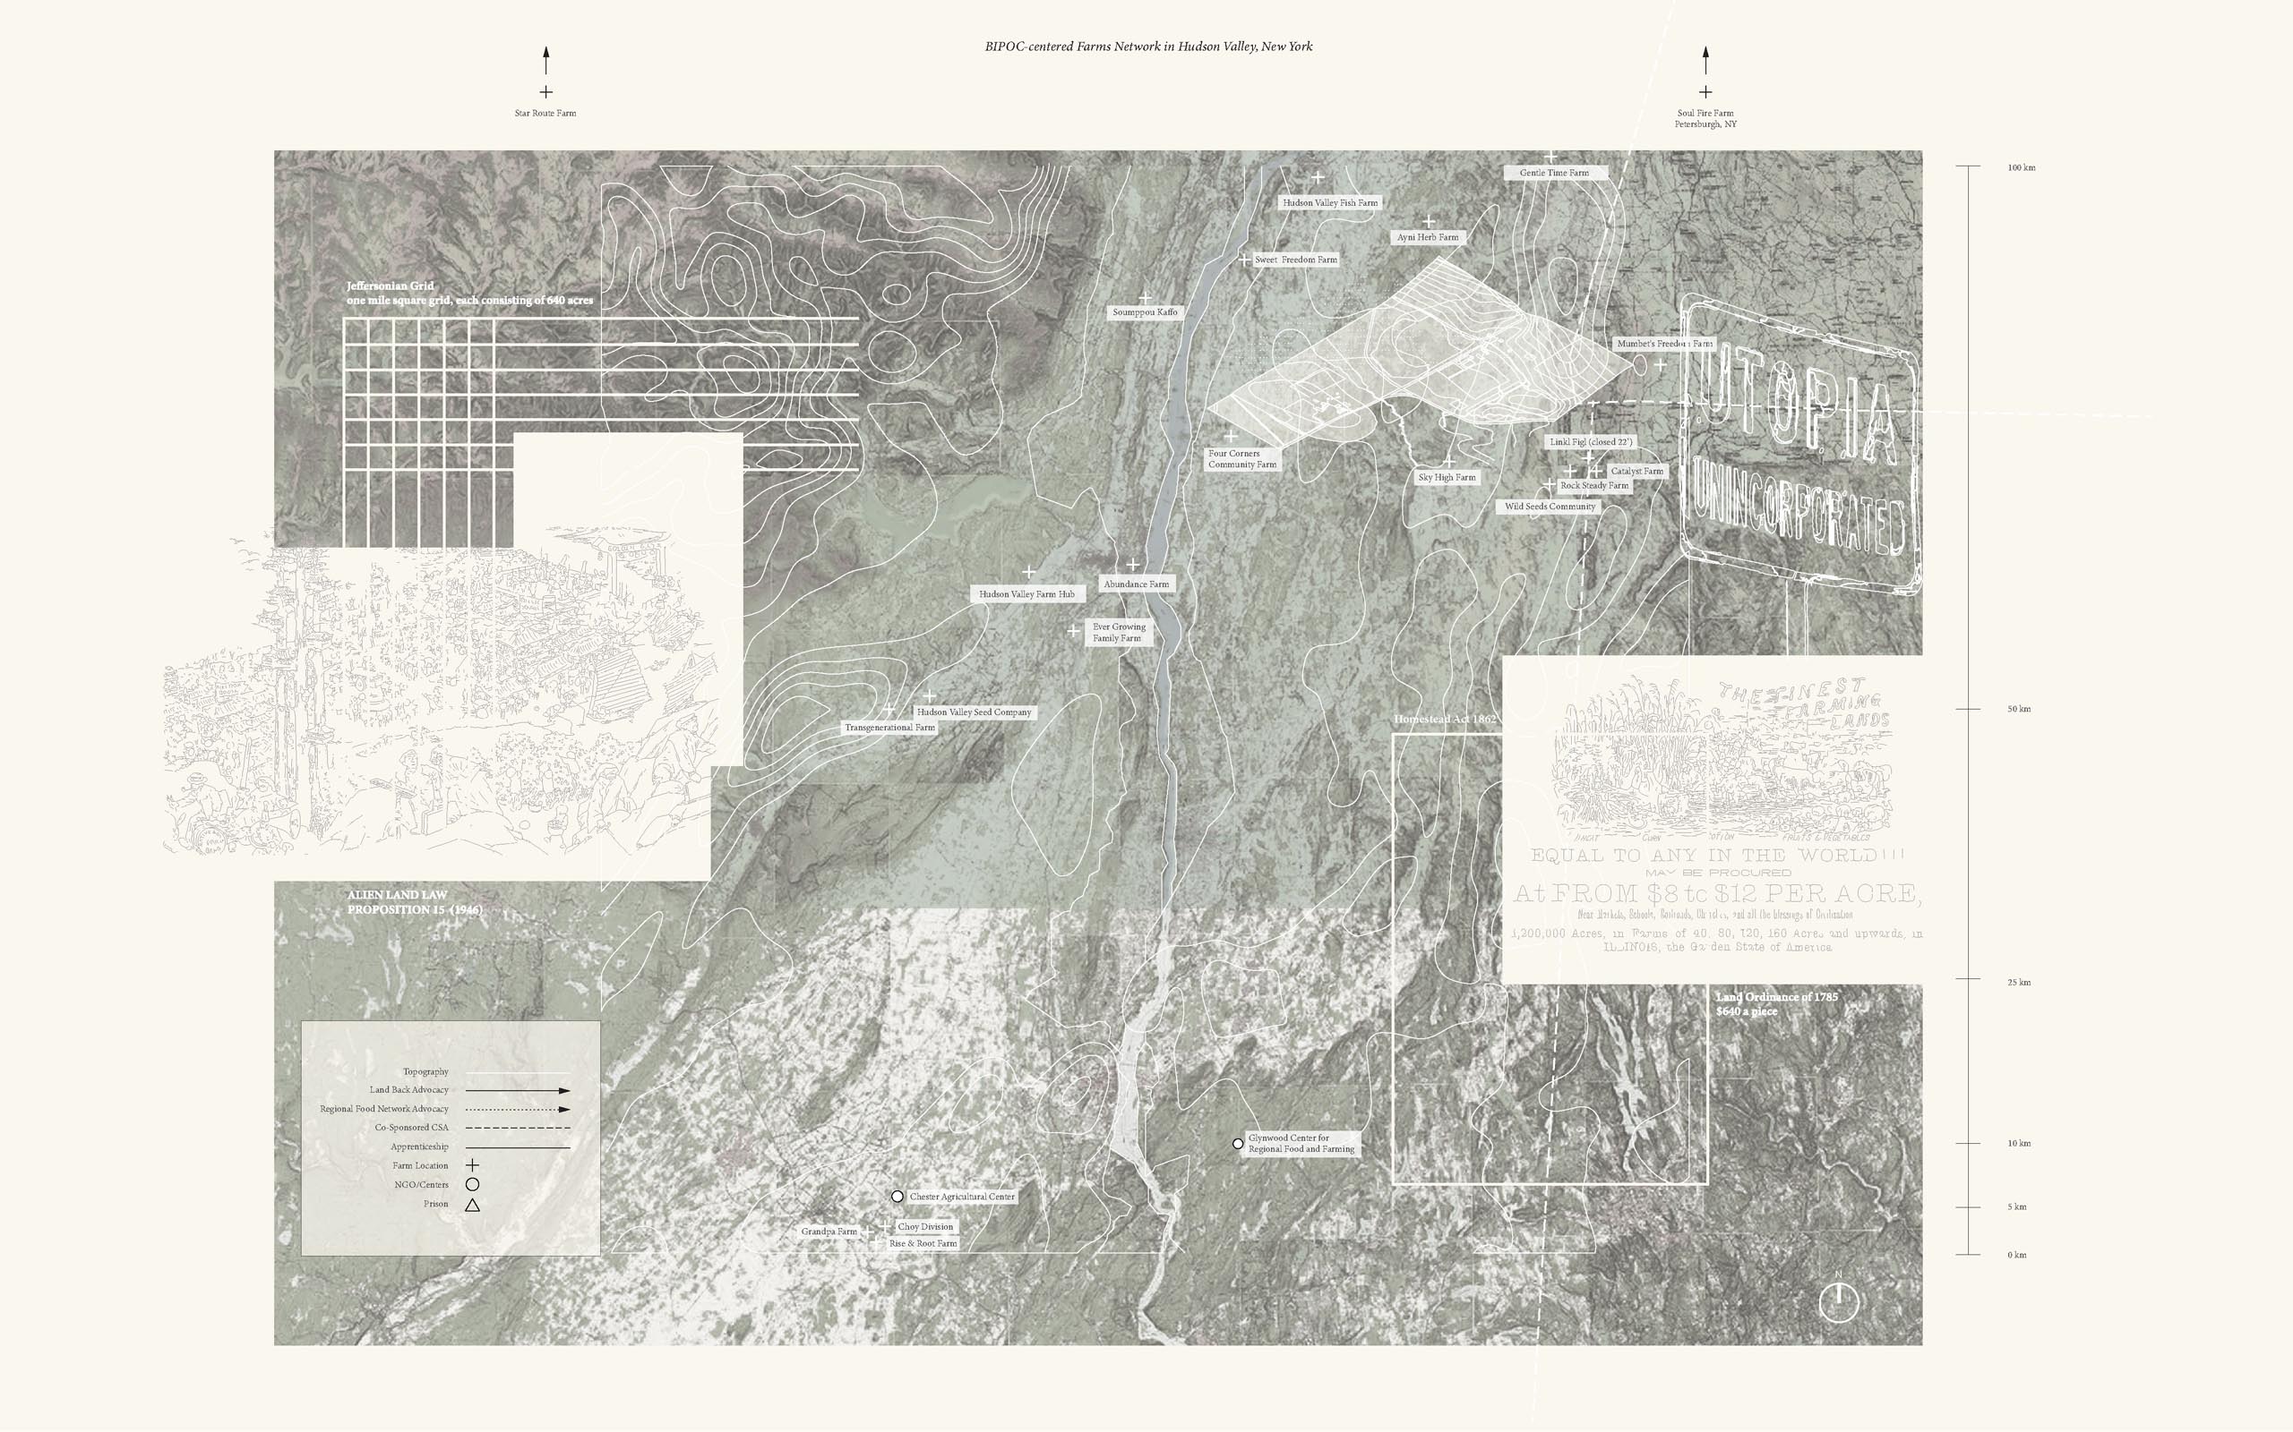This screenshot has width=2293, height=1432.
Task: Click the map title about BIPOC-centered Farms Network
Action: tap(1148, 47)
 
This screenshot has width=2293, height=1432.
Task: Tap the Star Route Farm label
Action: tap(545, 113)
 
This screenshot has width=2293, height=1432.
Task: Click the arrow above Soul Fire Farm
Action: tap(1705, 60)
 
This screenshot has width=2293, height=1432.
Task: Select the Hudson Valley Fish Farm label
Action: tap(1329, 202)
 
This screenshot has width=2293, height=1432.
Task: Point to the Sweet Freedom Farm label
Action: tap(1295, 260)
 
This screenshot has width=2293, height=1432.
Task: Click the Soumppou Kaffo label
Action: tap(1145, 311)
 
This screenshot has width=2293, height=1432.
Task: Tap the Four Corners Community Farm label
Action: tap(1241, 459)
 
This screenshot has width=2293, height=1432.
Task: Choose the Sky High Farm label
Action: tap(1447, 477)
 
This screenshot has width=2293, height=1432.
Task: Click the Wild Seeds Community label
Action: tap(1550, 507)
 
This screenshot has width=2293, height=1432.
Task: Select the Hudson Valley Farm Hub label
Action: tap(1026, 593)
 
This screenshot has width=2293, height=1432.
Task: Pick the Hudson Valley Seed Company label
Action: tap(973, 712)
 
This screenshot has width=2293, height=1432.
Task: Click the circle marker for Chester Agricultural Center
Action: tap(897, 1197)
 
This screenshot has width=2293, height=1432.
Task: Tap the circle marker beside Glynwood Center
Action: tap(1238, 1144)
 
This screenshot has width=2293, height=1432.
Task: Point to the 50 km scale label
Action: tap(2018, 709)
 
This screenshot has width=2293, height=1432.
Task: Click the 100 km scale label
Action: tap(2021, 167)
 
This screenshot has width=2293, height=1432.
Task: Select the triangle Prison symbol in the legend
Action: tap(472, 1205)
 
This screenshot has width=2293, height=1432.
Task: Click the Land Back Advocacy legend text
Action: tap(409, 1090)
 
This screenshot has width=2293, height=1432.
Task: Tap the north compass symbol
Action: tap(1838, 1301)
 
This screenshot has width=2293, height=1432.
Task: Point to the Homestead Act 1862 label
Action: tap(1445, 719)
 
